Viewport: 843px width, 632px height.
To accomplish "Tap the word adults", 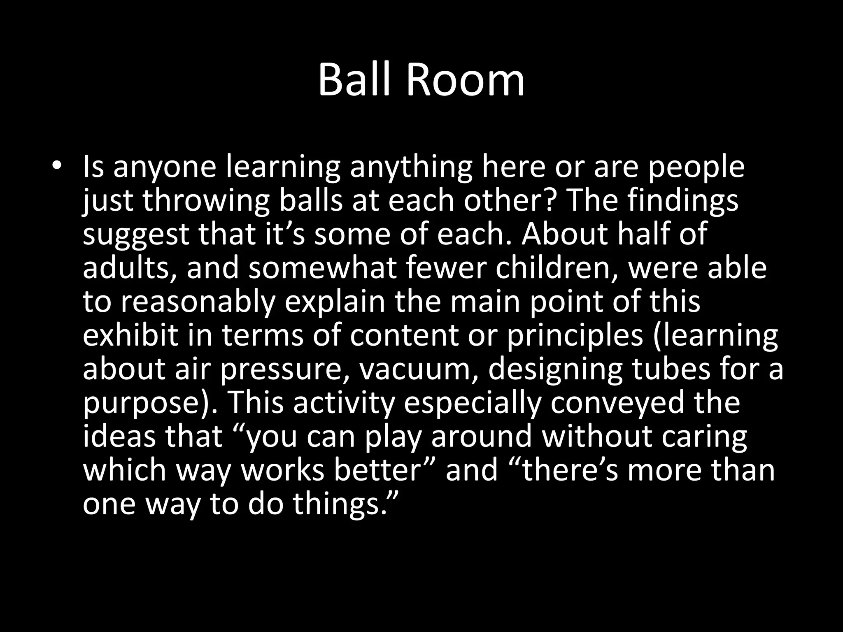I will tap(130, 268).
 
